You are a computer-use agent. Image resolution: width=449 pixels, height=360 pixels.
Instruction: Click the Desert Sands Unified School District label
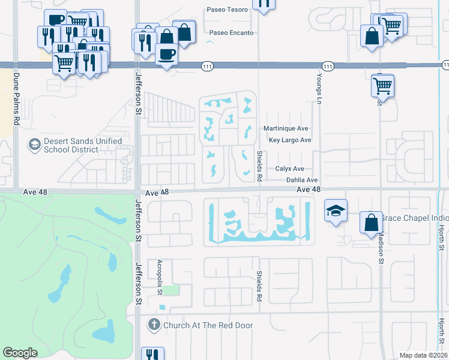coord(83,145)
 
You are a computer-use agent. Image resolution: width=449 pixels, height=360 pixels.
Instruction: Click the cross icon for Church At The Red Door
coord(154,325)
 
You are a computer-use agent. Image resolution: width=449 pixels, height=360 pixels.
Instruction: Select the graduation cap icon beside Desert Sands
coord(34,145)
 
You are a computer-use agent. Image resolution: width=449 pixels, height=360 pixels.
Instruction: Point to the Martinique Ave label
coord(286,128)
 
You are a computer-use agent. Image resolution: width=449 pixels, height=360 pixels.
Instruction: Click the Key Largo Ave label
coord(290,140)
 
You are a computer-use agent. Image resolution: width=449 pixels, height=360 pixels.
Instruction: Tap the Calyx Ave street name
coord(290,169)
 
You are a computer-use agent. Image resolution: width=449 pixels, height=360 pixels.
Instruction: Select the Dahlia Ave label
coord(301,179)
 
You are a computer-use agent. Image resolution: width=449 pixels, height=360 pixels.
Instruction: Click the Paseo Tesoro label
coord(227,10)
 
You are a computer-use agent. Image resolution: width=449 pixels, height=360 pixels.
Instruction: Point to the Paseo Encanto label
coord(230,32)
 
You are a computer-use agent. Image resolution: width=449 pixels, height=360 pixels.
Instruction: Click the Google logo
coord(20,353)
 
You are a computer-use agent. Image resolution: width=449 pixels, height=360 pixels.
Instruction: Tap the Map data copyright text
coord(423,355)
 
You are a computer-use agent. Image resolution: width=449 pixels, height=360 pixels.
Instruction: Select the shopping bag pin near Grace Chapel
coord(371,221)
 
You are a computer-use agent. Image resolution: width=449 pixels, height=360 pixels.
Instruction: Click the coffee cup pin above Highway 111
coord(166,54)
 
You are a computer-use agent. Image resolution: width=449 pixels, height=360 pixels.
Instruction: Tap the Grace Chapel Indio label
coord(414,217)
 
